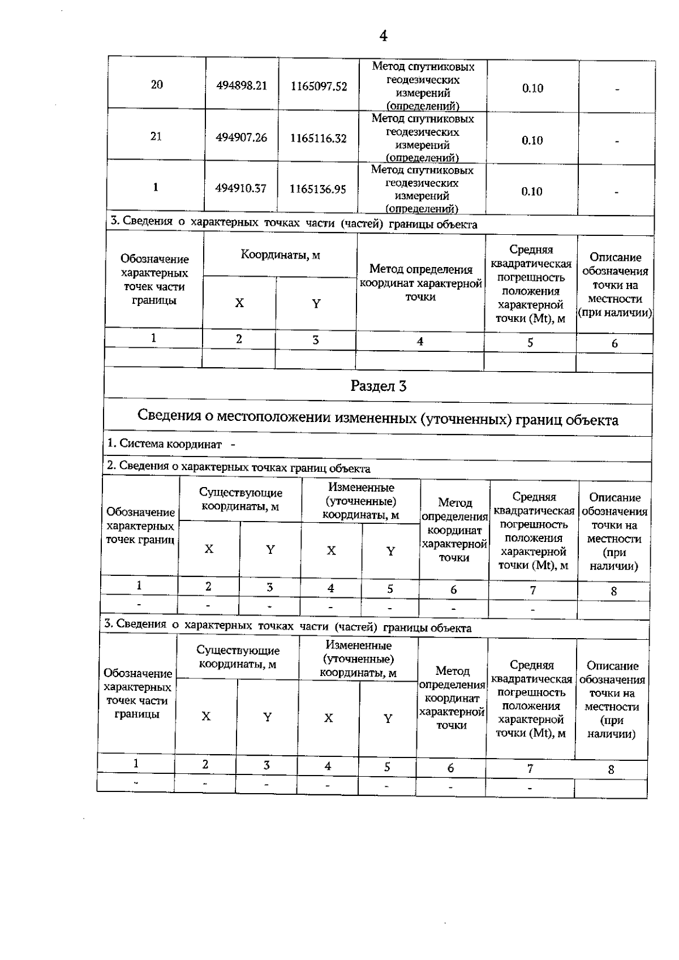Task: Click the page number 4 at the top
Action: [383, 36]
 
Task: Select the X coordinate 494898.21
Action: [242, 86]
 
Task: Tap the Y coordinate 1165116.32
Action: [318, 138]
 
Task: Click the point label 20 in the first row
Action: [157, 85]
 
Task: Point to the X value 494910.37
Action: [240, 188]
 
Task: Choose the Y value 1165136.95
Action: [317, 189]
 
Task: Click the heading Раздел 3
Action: [378, 386]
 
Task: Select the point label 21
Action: [156, 136]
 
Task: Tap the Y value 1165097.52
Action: [319, 87]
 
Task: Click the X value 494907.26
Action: [241, 137]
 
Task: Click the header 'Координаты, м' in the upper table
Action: [280, 255]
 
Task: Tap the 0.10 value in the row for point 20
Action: [532, 88]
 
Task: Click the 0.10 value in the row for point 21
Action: [532, 140]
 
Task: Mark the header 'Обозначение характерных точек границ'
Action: [140, 526]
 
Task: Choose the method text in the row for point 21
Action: [422, 138]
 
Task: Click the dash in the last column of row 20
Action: [617, 89]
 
